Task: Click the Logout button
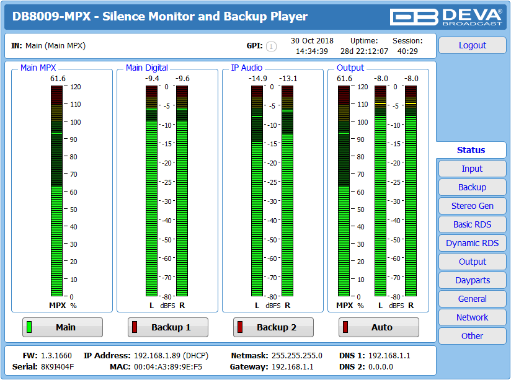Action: click(472, 45)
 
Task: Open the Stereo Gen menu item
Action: click(472, 206)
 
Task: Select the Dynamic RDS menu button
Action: click(472, 243)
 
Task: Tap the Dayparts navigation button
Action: click(472, 280)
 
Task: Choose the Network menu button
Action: click(472, 317)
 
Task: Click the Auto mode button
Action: click(379, 327)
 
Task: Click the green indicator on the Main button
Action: click(29, 327)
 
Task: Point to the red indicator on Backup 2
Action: click(240, 327)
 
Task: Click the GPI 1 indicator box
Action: click(271, 46)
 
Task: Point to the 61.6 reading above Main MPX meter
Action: click(58, 79)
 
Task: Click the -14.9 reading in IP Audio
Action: click(258, 79)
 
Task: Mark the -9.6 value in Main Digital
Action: click(182, 79)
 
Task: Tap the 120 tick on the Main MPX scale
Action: click(75, 87)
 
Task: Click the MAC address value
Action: click(168, 367)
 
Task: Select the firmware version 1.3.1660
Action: click(56, 356)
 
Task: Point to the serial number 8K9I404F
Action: click(57, 367)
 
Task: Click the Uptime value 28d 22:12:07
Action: click(365, 51)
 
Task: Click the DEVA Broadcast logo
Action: click(446, 17)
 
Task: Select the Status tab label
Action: click(471, 150)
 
